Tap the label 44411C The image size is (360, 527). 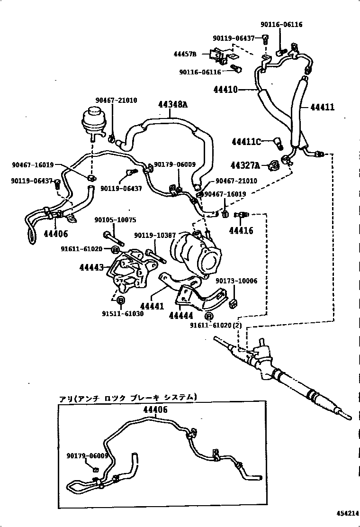pyautogui.click(x=246, y=141)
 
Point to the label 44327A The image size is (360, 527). pyautogui.click(x=245, y=165)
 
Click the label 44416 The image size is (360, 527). pyautogui.click(x=241, y=231)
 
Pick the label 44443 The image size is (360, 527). pyautogui.click(x=91, y=267)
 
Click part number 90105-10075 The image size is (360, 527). pyautogui.click(x=115, y=220)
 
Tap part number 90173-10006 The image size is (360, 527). pyautogui.click(x=236, y=281)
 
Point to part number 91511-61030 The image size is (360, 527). pyautogui.click(x=122, y=313)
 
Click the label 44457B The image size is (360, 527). pyautogui.click(x=184, y=55)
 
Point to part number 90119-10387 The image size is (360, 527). pyautogui.click(x=155, y=236)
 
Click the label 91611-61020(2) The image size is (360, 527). pyautogui.click(x=216, y=326)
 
